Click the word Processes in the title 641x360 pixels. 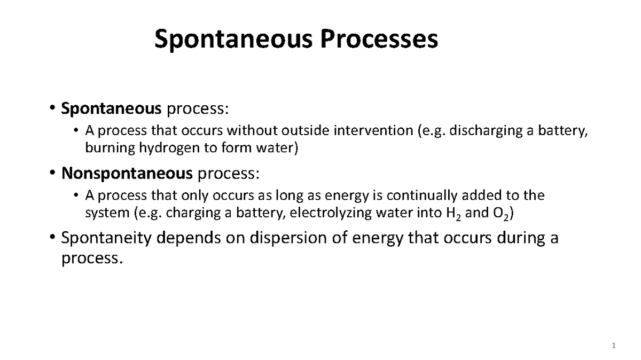coord(379,40)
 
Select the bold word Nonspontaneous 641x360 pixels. coord(127,173)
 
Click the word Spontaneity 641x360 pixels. coord(106,238)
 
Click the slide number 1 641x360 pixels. coord(614,347)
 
